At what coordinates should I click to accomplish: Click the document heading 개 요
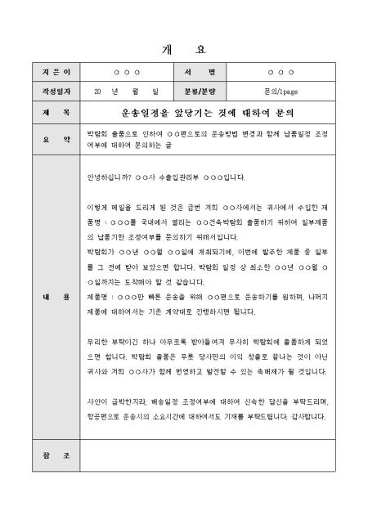click(x=183, y=48)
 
